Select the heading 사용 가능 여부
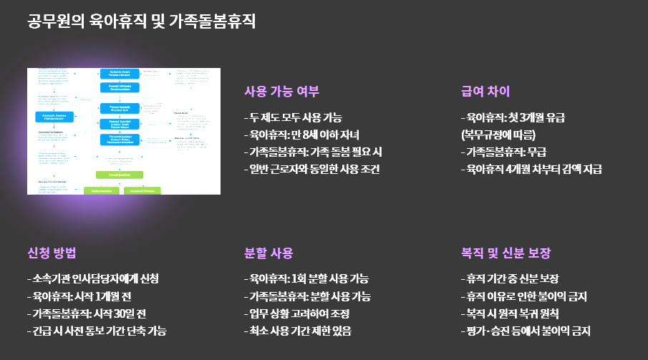(x=281, y=92)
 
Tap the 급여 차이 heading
(x=485, y=92)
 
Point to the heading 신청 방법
(x=52, y=253)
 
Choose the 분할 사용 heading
(x=269, y=253)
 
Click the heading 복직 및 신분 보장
(x=506, y=253)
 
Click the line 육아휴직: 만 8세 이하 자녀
(x=301, y=135)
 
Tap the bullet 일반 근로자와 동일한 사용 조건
(x=311, y=169)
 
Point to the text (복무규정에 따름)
(x=498, y=135)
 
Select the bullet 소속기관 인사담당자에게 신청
(x=93, y=278)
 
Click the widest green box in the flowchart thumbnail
(x=120, y=175)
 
